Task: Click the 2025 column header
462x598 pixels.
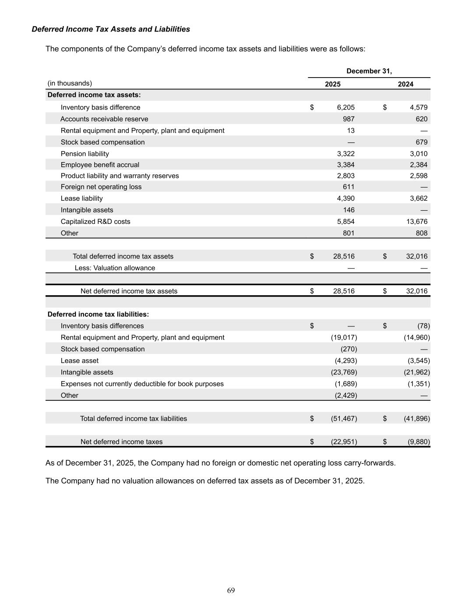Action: point(332,84)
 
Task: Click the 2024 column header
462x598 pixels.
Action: point(405,84)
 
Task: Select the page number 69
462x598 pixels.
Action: point(231,590)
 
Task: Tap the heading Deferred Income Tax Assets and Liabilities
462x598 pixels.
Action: point(111,29)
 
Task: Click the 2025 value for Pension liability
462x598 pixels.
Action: point(346,154)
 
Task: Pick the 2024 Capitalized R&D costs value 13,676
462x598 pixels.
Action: point(416,222)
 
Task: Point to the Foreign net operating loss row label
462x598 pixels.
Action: point(101,187)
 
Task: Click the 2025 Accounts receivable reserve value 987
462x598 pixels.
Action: point(349,119)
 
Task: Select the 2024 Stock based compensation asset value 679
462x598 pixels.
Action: point(421,142)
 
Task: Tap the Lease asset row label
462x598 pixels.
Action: point(80,361)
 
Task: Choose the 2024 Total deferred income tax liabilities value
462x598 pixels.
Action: point(416,418)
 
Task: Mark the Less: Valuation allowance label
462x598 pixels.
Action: point(115,268)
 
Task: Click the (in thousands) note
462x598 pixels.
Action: point(70,83)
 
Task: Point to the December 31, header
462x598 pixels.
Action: point(369,71)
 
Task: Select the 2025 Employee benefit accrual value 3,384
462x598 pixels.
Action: point(346,165)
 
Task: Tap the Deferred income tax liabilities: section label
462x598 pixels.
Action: point(98,314)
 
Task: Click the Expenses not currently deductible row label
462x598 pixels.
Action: point(142,384)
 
